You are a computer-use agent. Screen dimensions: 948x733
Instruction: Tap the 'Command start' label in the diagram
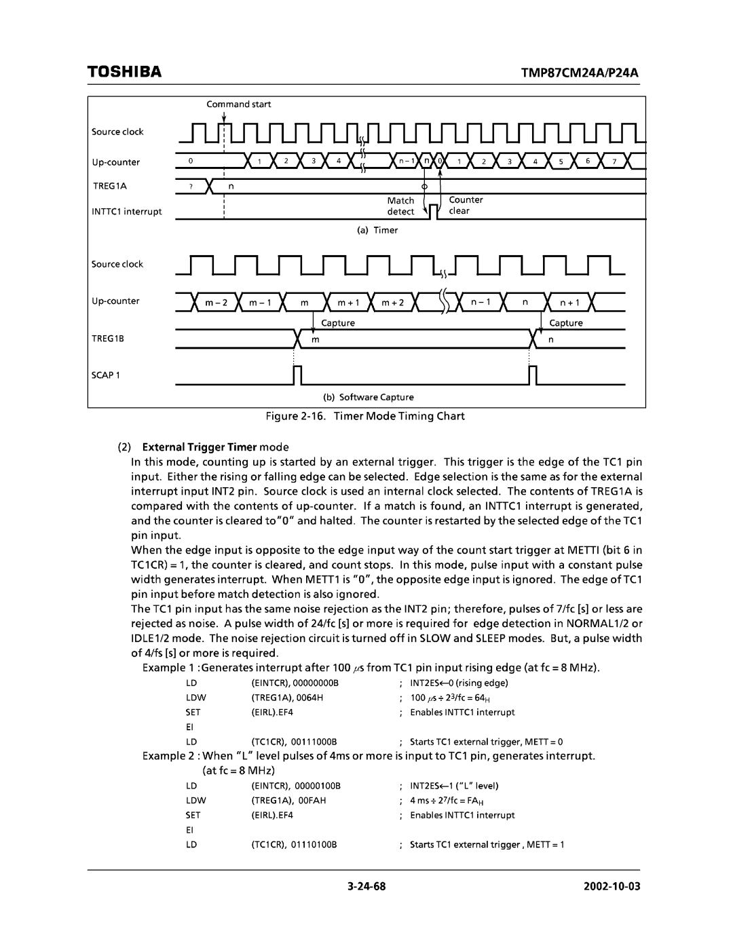click(239, 104)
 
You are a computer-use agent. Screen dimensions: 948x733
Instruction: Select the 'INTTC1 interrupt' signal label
click(127, 212)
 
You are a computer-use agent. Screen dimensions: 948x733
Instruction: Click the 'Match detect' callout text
click(400, 206)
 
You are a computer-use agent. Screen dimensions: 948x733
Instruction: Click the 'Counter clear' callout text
click(466, 205)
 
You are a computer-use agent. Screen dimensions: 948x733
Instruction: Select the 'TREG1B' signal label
click(109, 337)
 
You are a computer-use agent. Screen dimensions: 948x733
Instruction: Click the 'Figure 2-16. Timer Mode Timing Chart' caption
click(366, 416)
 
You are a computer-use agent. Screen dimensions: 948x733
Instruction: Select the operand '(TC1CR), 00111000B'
click(294, 742)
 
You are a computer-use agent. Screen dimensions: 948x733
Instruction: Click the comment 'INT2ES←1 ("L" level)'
click(454, 786)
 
